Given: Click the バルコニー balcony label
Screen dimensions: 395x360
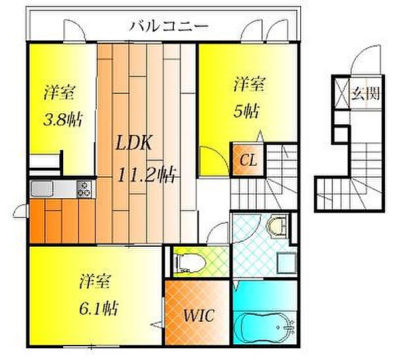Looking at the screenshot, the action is pos(169,26).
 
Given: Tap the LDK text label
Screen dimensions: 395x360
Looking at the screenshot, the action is pos(134,143).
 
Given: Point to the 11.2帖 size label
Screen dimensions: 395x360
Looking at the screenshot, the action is pos(147,174).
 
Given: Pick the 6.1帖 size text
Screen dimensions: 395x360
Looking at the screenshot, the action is pos(99,308).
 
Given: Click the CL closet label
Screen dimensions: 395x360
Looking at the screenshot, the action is pos(248,160).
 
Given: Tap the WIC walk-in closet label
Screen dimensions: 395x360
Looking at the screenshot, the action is pos(199,315).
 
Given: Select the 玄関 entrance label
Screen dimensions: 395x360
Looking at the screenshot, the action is pos(365,93).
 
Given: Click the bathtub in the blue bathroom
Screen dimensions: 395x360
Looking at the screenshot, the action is pos(265,326).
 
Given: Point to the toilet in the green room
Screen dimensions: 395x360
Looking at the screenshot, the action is pos(191,263).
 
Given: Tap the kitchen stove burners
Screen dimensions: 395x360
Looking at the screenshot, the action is pos(84,189).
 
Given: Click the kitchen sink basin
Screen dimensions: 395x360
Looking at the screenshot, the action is pos(42,189).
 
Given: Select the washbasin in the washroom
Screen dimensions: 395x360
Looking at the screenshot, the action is pos(278,226).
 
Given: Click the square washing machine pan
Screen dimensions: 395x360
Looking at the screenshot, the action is pos(286,263).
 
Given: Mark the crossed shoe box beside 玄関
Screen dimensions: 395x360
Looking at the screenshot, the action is pos(342,93).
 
